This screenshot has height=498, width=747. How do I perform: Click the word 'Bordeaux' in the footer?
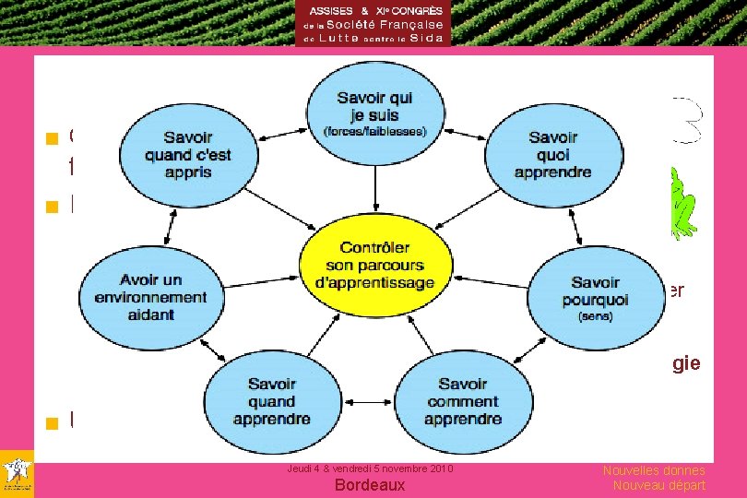click(x=370, y=485)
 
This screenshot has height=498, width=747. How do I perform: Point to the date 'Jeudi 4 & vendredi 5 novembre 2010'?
click(x=370, y=469)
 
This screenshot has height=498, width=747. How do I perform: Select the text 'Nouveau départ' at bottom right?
click(x=658, y=485)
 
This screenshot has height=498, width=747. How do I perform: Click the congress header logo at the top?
click(x=373, y=23)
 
